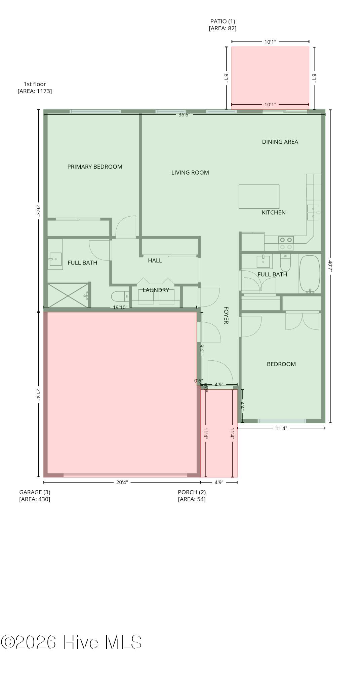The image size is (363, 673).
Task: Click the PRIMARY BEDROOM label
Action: pyautogui.click(x=95, y=167)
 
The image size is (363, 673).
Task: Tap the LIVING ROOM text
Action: pyautogui.click(x=190, y=173)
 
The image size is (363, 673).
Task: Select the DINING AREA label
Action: pyautogui.click(x=280, y=142)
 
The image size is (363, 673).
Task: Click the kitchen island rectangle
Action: pyautogui.click(x=259, y=197)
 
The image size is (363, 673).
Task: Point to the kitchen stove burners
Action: pyautogui.click(x=286, y=243)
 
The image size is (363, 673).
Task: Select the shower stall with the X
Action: pyautogui.click(x=68, y=295)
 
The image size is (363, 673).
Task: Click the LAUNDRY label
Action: pyautogui.click(x=156, y=290)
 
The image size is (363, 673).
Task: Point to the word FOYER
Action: pyautogui.click(x=226, y=315)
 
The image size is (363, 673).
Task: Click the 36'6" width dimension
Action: pyautogui.click(x=184, y=115)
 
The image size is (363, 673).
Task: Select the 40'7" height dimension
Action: pyautogui.click(x=330, y=266)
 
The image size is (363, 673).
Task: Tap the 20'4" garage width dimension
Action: pyautogui.click(x=122, y=482)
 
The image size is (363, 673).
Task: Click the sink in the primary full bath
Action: pyautogui.click(x=55, y=259)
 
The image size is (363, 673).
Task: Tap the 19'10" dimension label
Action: pyautogui.click(x=120, y=307)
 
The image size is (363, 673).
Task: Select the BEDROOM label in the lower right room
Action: pyautogui.click(x=281, y=364)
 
